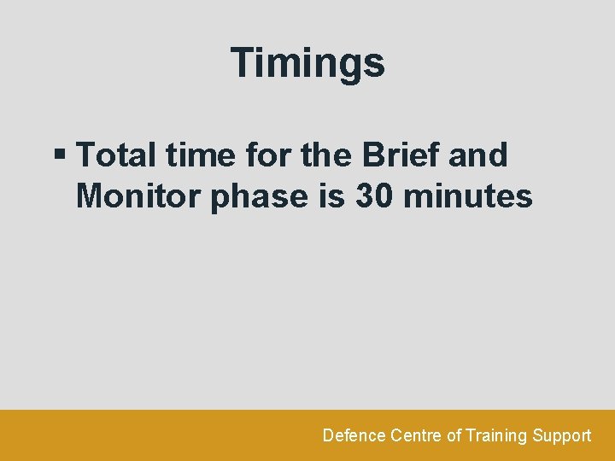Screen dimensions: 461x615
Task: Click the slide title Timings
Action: pyautogui.click(x=307, y=63)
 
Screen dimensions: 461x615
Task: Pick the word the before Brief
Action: pyautogui.click(x=326, y=155)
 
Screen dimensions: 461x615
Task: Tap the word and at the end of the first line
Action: pyautogui.click(x=477, y=155)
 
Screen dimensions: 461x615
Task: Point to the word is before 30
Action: pyautogui.click(x=331, y=196)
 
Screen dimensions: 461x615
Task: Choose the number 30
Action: pyautogui.click(x=373, y=196)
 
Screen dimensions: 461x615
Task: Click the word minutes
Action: pyautogui.click(x=468, y=196)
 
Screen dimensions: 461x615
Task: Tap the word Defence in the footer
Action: pyautogui.click(x=354, y=435)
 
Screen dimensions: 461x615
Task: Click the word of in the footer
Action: pyautogui.click(x=454, y=435)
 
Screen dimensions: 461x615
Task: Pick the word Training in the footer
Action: pyautogui.click(x=496, y=435)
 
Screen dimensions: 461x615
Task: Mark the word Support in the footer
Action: pyautogui.click(x=561, y=435)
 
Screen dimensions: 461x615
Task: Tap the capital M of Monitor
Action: pyautogui.click(x=91, y=196)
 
